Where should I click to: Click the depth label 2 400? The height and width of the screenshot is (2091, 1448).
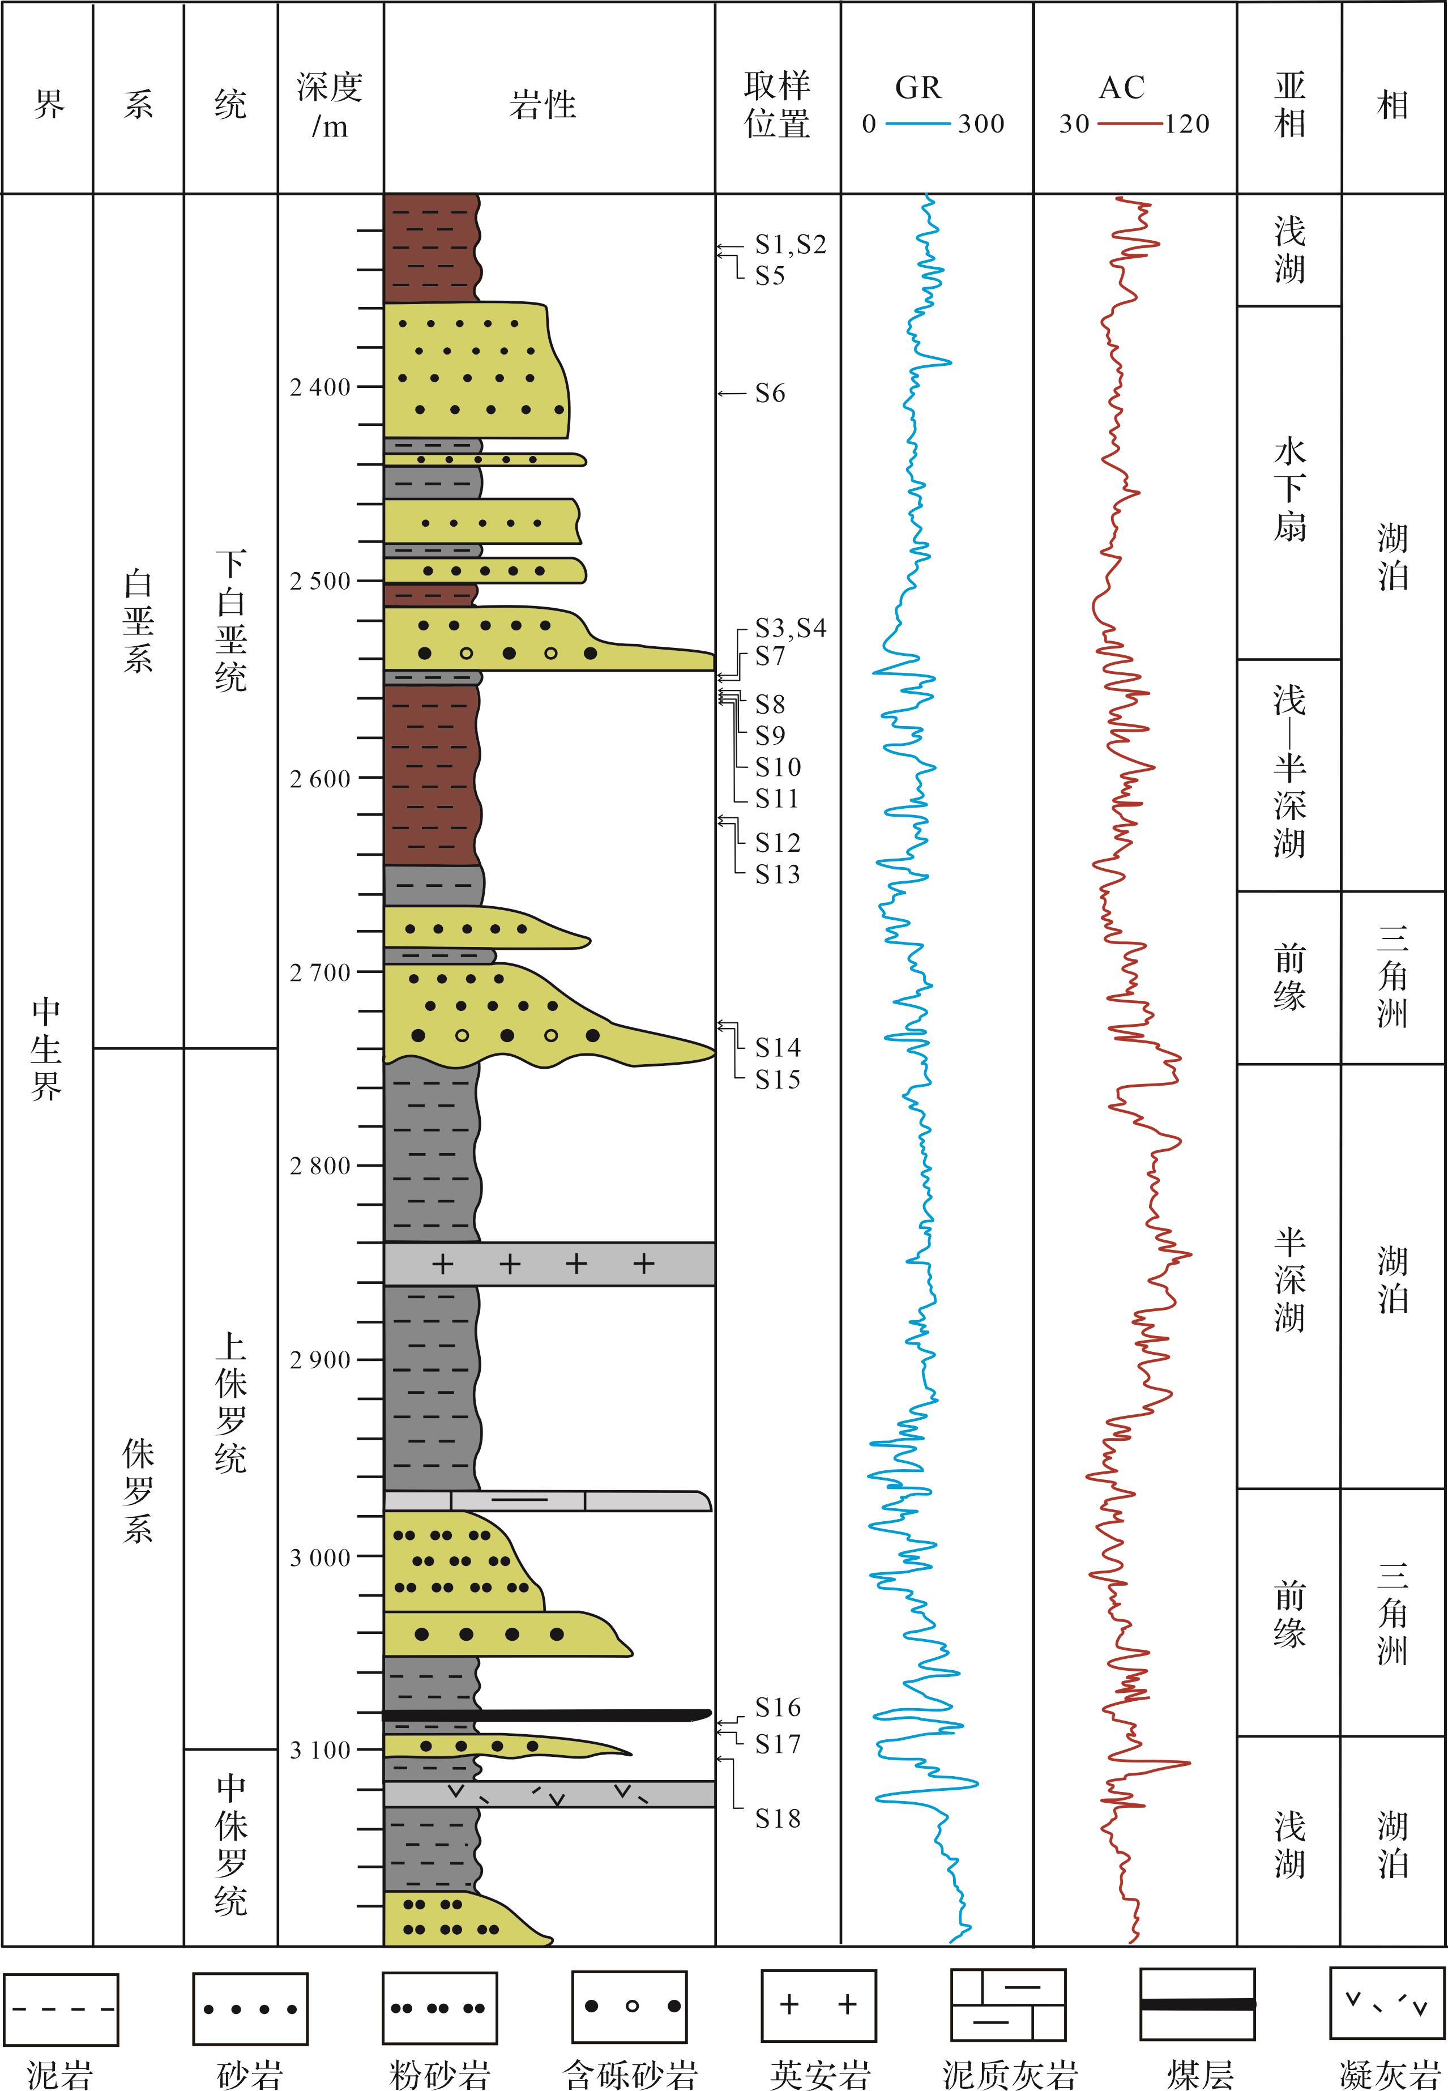click(x=319, y=387)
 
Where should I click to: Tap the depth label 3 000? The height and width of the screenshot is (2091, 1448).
click(x=319, y=1557)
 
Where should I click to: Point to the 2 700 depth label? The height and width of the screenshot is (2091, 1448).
click(x=319, y=972)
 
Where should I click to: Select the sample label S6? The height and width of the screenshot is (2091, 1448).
click(x=770, y=393)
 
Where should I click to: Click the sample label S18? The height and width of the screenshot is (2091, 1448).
click(x=778, y=1818)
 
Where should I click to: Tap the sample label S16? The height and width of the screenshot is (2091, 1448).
click(x=778, y=1707)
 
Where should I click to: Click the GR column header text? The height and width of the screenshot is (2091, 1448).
click(x=918, y=87)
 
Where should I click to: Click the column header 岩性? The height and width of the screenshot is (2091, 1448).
click(x=543, y=104)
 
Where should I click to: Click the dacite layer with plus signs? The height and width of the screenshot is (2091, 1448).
click(x=549, y=1264)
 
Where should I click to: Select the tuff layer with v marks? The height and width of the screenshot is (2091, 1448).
click(x=549, y=1794)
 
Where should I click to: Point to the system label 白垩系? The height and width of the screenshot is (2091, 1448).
click(x=138, y=622)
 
